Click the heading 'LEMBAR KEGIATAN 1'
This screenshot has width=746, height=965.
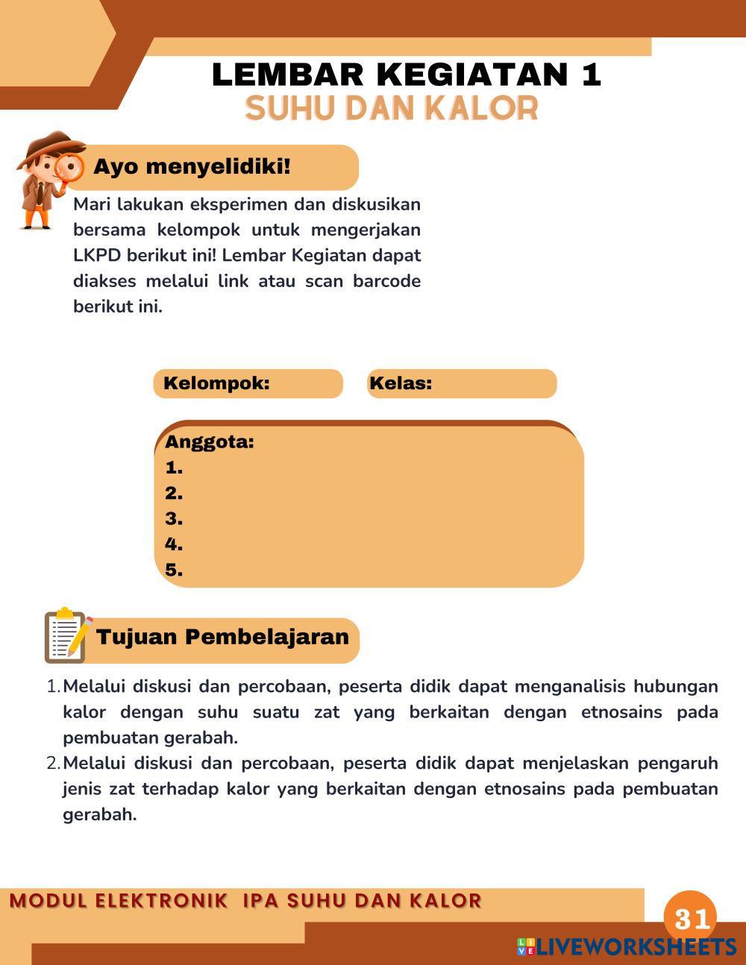pos(407,75)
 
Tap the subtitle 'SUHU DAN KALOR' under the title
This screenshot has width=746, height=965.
pos(392,109)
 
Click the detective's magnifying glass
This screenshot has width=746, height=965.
pos(69,168)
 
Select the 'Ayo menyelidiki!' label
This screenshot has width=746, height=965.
pos(192,166)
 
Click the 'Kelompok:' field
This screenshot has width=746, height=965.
pos(248,383)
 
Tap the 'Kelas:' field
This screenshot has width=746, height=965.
pos(461,383)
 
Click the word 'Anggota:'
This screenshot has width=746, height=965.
pos(210,441)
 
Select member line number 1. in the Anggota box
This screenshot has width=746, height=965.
pos(174,468)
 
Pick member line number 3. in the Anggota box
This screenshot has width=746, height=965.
pos(174,518)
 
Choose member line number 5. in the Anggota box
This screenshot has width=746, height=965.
pos(174,570)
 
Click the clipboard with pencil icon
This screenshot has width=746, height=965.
pos(67,636)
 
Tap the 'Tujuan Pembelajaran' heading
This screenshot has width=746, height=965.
pos(222,637)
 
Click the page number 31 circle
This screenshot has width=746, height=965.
pos(690,917)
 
